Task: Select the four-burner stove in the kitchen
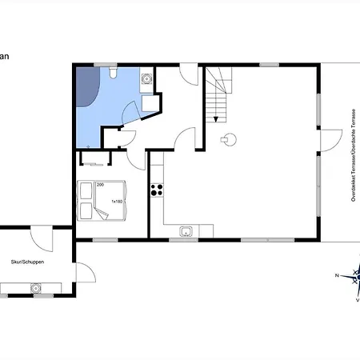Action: click(157, 190)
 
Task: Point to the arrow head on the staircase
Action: click(215, 119)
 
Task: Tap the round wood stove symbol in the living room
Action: click(229, 138)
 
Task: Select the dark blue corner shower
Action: click(86, 88)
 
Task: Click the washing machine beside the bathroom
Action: click(147, 79)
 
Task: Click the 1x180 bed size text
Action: click(117, 202)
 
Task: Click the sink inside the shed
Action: click(35, 287)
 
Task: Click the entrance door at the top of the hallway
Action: click(188, 77)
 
